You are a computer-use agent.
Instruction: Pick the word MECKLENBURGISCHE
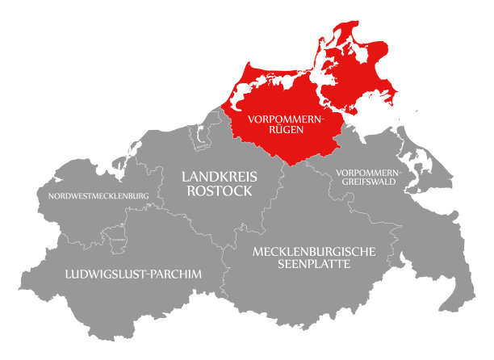pos(314,252)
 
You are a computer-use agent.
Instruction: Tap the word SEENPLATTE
pos(314,266)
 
